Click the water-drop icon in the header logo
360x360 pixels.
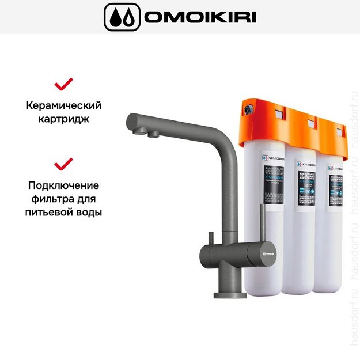click(121, 17)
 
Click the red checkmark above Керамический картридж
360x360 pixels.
click(63, 85)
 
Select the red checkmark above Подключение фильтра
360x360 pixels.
click(63, 165)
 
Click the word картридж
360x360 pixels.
click(64, 120)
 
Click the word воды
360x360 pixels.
click(88, 212)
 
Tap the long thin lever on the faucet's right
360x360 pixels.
click(264, 225)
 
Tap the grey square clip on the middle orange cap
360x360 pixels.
click(311, 122)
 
